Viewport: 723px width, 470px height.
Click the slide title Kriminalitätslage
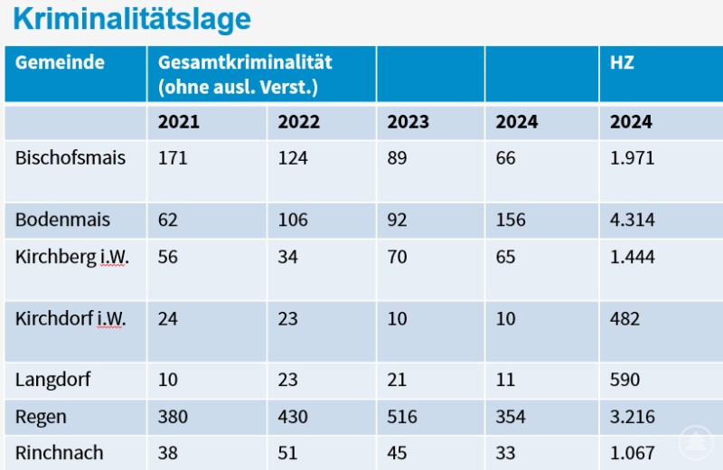132,19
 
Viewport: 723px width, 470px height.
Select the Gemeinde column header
60,62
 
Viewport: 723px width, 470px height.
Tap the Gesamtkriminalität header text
245,63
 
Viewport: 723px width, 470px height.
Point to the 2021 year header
179,122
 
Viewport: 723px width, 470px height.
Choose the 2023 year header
408,122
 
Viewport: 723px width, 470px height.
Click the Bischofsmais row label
70,158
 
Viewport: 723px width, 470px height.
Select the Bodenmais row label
61,220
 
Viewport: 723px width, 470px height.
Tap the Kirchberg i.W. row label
72,257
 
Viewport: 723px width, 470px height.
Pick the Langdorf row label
53,380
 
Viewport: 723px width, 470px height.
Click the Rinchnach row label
60,453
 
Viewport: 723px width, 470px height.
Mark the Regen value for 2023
402,417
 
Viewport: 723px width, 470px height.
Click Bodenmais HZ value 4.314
633,220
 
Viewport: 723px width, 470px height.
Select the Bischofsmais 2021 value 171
173,158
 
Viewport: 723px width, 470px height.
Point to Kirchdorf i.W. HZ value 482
625,319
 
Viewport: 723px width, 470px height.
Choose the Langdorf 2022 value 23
287,380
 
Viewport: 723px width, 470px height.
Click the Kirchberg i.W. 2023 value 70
398,257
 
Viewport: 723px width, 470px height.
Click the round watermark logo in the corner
697,442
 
